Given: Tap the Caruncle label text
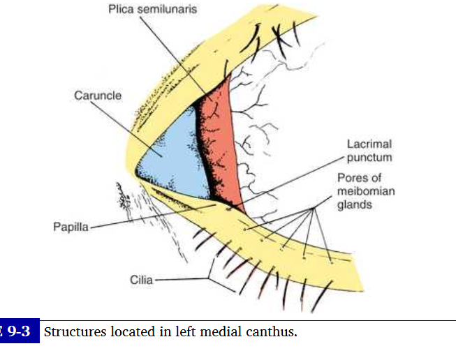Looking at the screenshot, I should tap(98, 96).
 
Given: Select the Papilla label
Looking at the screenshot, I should tap(71, 227).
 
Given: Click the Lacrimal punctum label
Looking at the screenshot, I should tap(369, 151).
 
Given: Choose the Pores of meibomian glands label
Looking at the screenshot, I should tap(365, 190).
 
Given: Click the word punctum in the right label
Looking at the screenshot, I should tap(369, 158).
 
